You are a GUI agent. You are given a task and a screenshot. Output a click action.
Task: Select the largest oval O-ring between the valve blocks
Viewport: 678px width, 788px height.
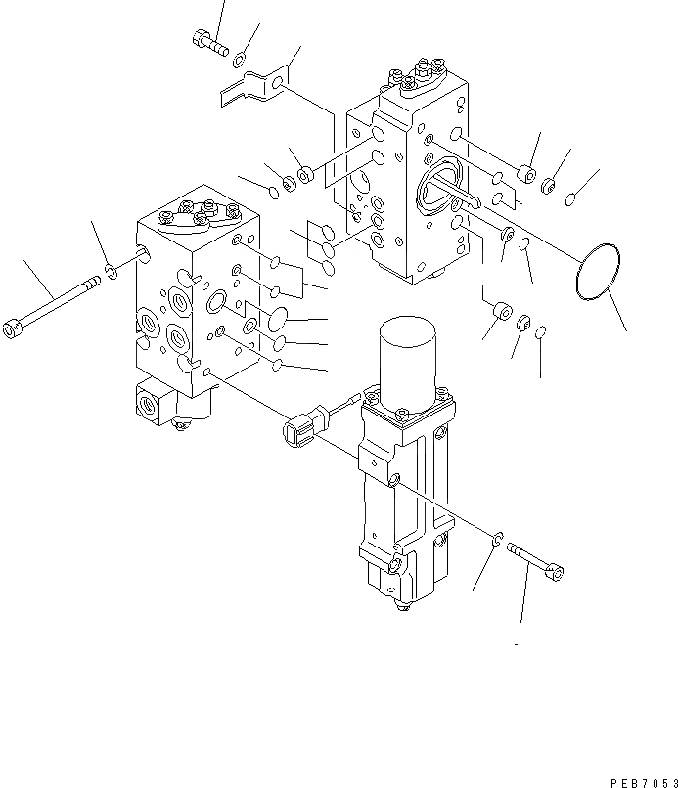point(275,321)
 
